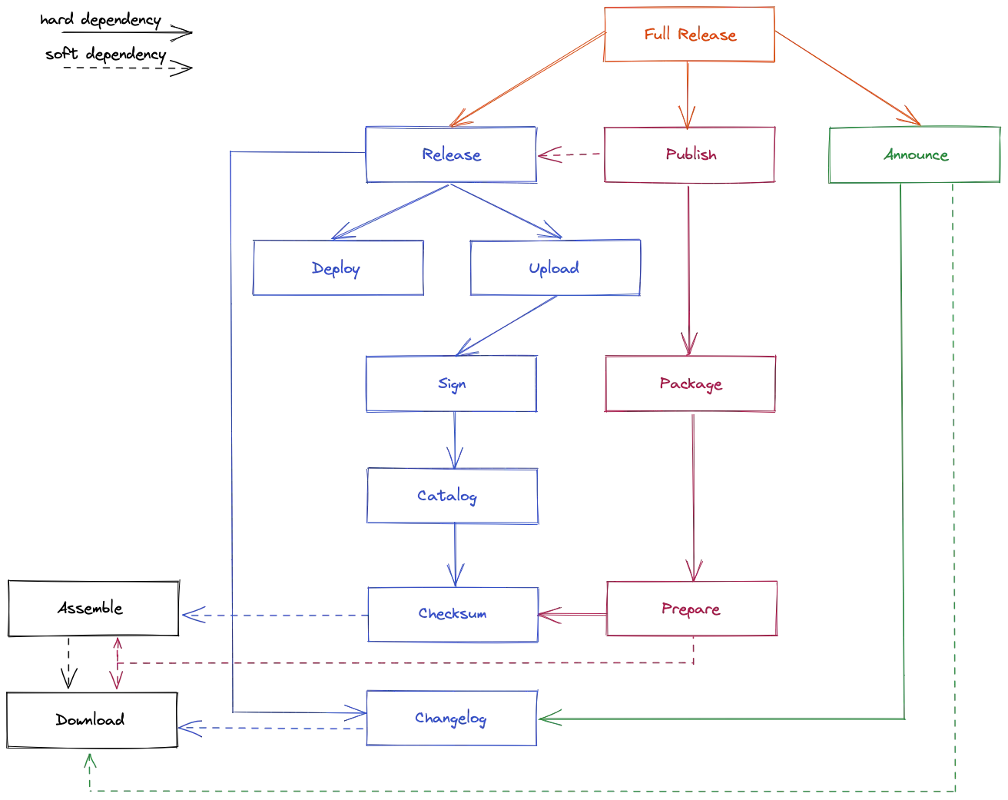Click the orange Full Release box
[690, 35]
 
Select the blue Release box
[451, 154]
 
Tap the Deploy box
[338, 269]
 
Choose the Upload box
[555, 269]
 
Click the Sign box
[451, 384]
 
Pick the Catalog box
[451, 497]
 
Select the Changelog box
[451, 719]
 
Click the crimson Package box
[690, 384]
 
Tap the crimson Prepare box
[691, 609]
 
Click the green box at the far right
[913, 154]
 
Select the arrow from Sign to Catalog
[453, 441]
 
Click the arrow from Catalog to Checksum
[455, 555]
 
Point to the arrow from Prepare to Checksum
[573, 614]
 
